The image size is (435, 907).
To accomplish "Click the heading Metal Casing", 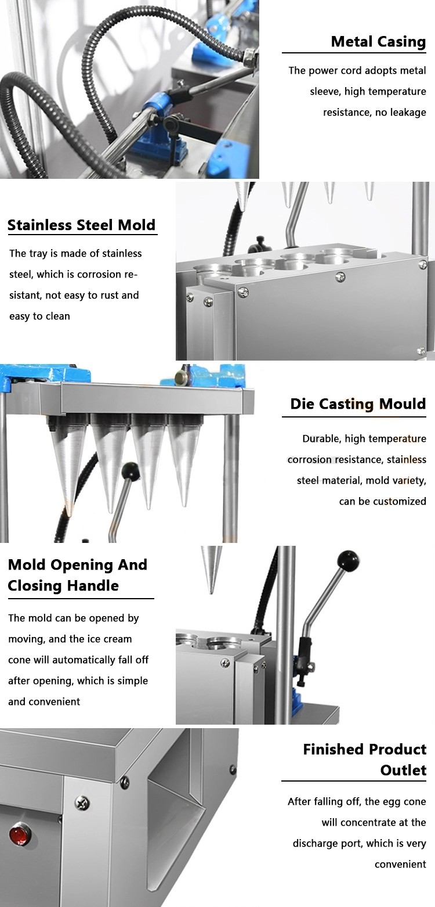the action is (378, 42).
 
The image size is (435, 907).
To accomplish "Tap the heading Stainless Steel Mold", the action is (81, 225).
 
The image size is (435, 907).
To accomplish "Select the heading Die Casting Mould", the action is (358, 404).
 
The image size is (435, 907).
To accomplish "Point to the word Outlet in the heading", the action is (403, 770).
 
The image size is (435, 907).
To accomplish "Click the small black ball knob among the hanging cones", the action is (130, 471).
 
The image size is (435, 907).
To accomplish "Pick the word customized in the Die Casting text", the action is (400, 501).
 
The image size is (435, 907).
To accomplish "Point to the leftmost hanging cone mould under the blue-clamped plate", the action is (68, 462).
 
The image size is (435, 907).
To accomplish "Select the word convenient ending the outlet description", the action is (400, 864).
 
